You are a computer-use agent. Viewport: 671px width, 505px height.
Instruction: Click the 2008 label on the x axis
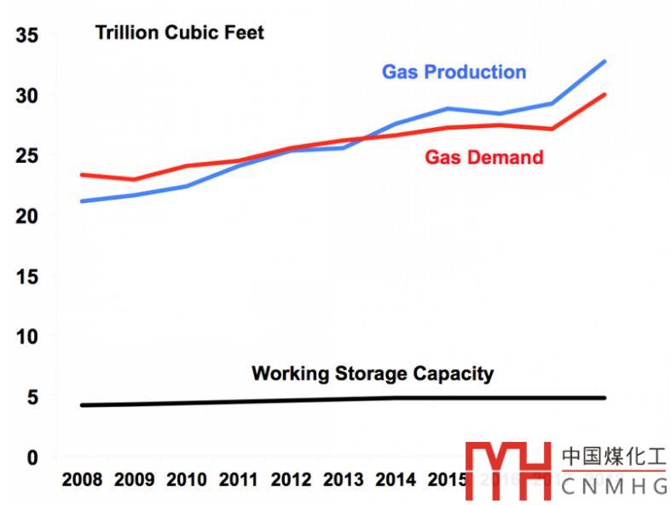click(x=82, y=479)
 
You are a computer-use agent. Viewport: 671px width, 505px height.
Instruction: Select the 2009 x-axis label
click(x=134, y=479)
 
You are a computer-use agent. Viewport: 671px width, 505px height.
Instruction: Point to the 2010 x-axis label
click(x=187, y=479)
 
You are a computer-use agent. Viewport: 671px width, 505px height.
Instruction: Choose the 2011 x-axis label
click(x=239, y=479)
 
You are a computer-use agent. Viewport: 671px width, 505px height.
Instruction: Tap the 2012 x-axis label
click(x=291, y=479)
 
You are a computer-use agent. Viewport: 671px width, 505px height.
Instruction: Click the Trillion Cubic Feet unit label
click(x=179, y=33)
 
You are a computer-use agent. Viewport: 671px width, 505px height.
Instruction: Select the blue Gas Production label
click(x=454, y=72)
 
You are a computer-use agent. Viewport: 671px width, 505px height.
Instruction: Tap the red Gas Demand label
click(x=483, y=157)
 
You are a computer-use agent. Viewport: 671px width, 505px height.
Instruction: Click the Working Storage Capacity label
click(x=373, y=374)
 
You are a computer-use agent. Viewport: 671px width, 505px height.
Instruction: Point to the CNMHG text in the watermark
click(x=615, y=487)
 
